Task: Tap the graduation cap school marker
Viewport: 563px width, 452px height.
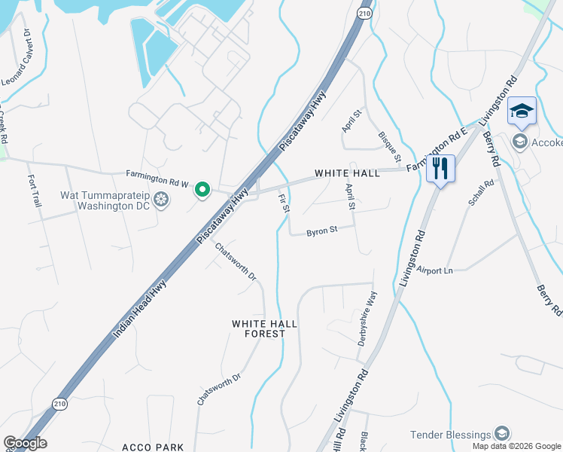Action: click(522, 111)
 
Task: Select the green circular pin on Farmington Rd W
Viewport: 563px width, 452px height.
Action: click(202, 190)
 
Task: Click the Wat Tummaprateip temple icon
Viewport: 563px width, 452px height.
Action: click(160, 200)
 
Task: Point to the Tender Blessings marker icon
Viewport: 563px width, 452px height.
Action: click(502, 434)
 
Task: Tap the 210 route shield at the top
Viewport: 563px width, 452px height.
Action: click(365, 14)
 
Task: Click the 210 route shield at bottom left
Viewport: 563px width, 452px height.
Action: click(58, 405)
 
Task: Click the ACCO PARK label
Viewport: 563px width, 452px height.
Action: click(153, 447)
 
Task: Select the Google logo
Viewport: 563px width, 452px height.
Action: click(25, 443)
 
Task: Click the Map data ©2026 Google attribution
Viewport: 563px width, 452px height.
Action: click(516, 446)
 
